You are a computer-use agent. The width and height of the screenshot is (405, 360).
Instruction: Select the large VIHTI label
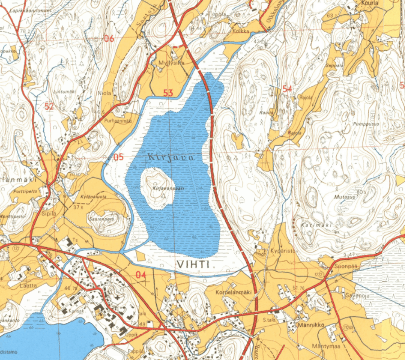[194, 265]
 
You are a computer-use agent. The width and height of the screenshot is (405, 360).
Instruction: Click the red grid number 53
[168, 93]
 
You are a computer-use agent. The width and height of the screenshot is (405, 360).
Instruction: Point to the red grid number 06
[109, 39]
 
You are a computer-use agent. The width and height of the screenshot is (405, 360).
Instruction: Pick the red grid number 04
[140, 275]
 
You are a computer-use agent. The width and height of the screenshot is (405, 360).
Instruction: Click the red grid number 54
[287, 89]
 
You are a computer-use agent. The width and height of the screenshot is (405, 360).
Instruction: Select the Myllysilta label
[171, 63]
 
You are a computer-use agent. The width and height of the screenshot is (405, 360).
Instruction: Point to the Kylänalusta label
[94, 197]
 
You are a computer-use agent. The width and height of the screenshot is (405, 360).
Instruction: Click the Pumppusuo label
[364, 124]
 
